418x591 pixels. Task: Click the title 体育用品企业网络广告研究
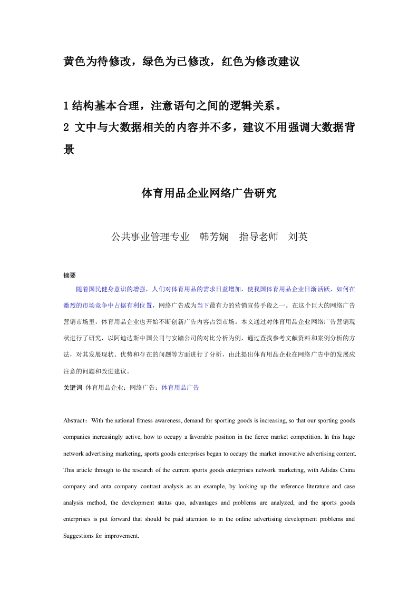(x=209, y=193)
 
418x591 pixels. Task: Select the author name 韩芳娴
(x=213, y=237)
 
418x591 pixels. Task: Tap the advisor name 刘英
(x=298, y=237)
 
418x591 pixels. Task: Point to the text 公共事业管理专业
(x=150, y=237)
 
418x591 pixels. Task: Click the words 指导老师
(x=258, y=237)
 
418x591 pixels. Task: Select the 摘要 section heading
(x=70, y=275)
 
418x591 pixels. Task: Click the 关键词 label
(x=72, y=388)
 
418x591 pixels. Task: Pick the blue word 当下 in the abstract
(x=203, y=305)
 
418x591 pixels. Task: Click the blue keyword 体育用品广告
(x=180, y=388)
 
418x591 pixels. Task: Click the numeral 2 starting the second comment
(x=66, y=128)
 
